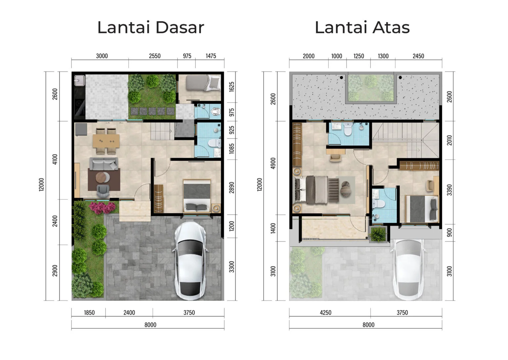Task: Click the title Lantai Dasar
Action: tap(150, 27)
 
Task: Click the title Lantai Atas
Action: tap(362, 27)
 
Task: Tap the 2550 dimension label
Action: tap(154, 56)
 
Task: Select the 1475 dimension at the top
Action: tap(211, 56)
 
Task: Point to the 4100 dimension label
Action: tap(55, 159)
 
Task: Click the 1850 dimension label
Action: tap(89, 313)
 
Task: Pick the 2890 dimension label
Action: tap(232, 188)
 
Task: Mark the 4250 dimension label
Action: tap(325, 313)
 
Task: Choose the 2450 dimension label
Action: tap(418, 56)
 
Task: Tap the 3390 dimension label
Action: tap(449, 190)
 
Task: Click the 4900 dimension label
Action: tap(273, 163)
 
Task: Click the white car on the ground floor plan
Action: tap(190, 261)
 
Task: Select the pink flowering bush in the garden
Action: tap(102, 207)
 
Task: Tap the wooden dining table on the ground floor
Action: tap(106, 141)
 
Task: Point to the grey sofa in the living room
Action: tap(104, 163)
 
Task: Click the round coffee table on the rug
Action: tap(102, 178)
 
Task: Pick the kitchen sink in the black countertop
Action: tap(79, 80)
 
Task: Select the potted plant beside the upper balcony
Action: tap(378, 234)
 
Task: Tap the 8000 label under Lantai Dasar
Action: tap(150, 325)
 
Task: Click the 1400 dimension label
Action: tap(273, 228)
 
